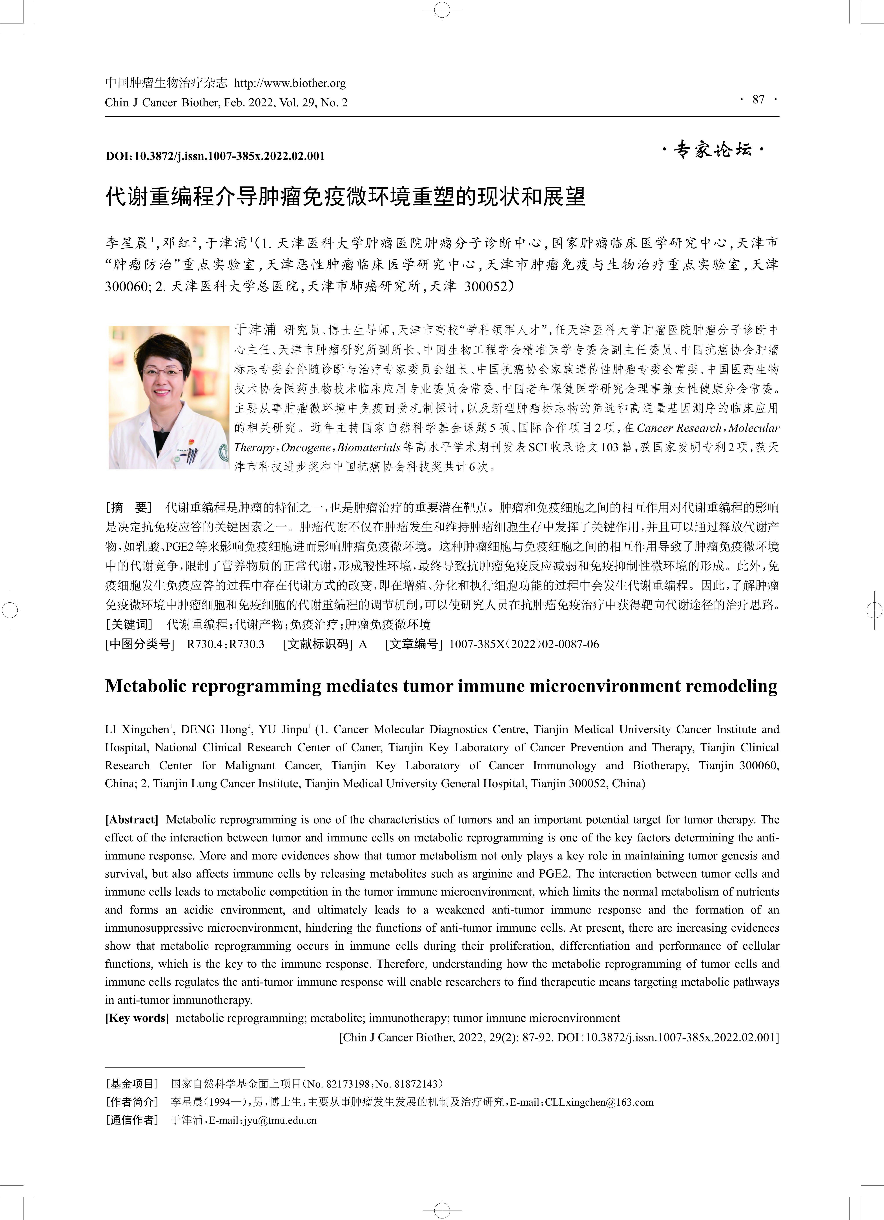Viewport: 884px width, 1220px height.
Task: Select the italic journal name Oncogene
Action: [x=306, y=448]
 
